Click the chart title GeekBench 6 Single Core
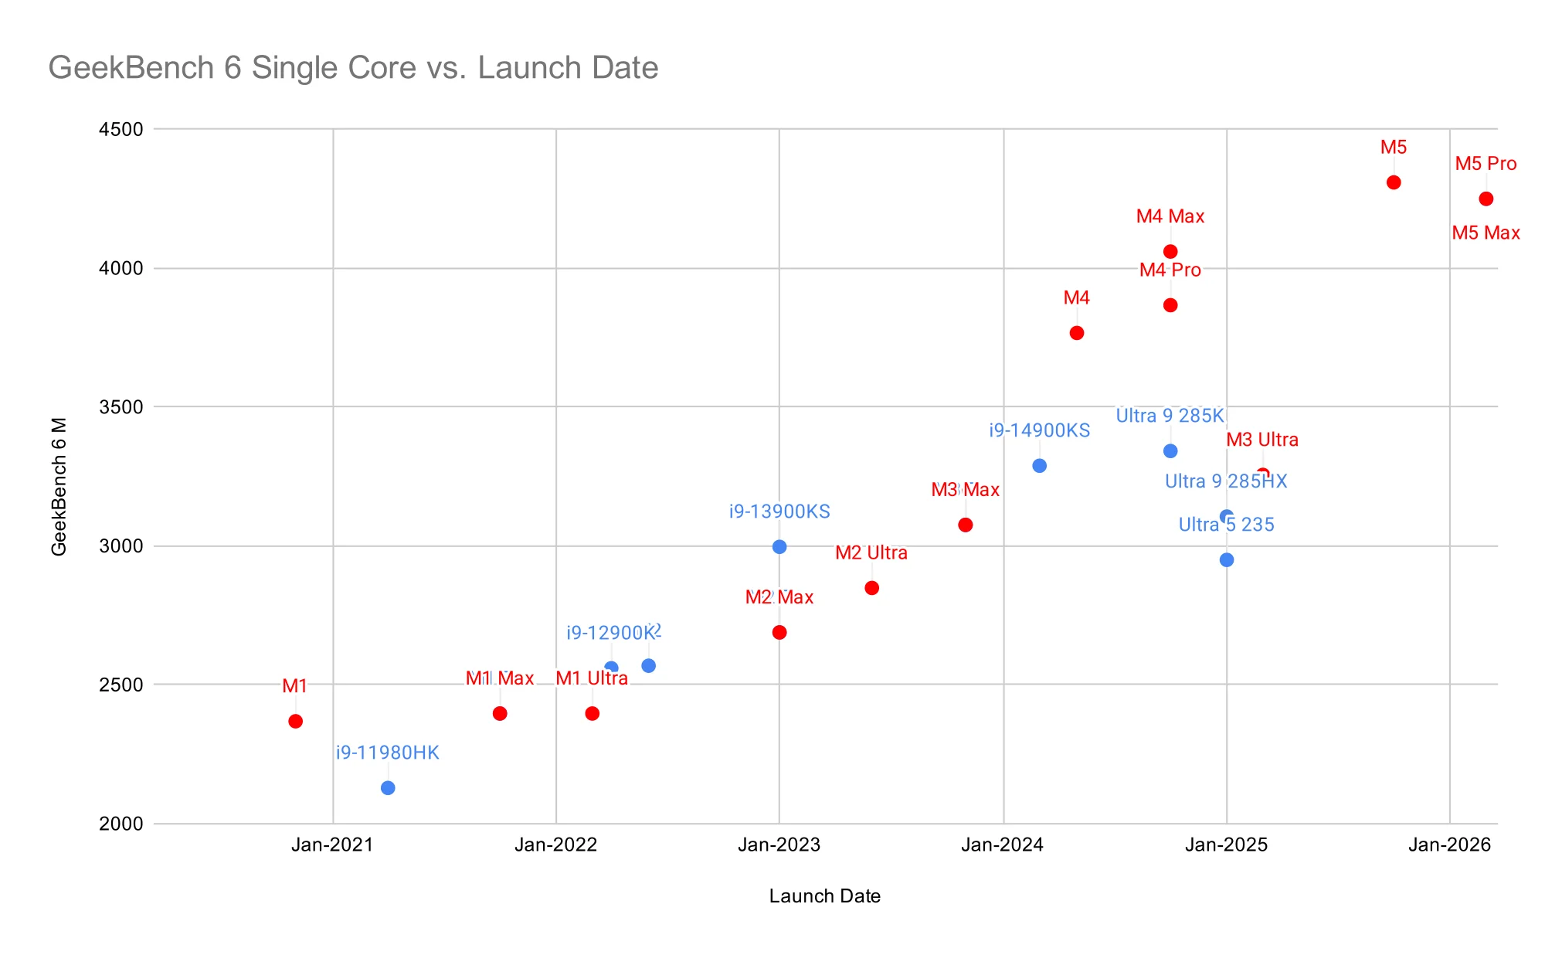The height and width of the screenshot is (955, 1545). click(x=353, y=68)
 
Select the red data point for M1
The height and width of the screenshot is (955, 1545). click(x=295, y=721)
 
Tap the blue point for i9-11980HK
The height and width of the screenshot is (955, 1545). click(x=388, y=787)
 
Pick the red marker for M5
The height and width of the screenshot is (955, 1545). click(x=1394, y=182)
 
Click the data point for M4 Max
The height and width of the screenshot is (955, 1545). click(x=1170, y=251)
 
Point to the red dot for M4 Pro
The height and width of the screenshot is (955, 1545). click(x=1170, y=305)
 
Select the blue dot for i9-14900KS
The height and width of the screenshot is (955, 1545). click(x=1039, y=466)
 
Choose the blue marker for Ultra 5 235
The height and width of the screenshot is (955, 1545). click(x=1227, y=559)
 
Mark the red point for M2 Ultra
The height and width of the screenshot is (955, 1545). click(x=871, y=588)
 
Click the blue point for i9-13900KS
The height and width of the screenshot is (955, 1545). click(x=779, y=546)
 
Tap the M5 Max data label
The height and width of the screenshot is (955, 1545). click(x=1486, y=233)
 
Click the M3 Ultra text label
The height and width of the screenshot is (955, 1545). click(x=1262, y=440)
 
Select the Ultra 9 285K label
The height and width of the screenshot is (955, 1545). click(x=1170, y=416)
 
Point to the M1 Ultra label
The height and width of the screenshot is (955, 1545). click(x=592, y=678)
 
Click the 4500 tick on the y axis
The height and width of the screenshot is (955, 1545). click(x=121, y=129)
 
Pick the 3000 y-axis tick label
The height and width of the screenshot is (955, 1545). click(x=121, y=546)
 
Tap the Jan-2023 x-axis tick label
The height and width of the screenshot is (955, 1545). click(x=779, y=845)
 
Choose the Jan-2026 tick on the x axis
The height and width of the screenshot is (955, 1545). click(x=1449, y=845)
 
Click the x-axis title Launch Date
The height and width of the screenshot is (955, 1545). click(x=824, y=896)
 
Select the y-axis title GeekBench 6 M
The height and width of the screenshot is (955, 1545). click(x=59, y=486)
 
